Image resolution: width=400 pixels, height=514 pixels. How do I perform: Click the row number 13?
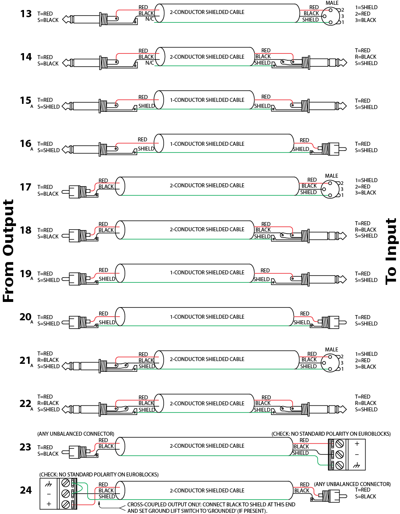26,14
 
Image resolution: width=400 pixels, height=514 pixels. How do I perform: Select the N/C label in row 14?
150,63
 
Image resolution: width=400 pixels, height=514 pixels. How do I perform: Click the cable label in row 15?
207,100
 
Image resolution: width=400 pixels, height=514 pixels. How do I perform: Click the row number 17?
26,187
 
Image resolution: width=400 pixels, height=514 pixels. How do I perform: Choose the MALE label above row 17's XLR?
332,176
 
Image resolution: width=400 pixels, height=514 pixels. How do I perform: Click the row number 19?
26,274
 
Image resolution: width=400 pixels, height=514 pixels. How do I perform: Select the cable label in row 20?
207,317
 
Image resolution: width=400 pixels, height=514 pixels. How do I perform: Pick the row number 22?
26,404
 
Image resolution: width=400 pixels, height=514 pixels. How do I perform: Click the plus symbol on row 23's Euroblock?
357,444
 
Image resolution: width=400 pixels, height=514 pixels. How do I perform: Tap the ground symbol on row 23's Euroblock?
357,465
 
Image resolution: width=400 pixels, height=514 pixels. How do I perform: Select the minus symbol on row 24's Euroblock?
49,494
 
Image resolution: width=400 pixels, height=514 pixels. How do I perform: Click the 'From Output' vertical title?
8,251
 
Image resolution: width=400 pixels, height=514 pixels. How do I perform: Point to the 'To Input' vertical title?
391,251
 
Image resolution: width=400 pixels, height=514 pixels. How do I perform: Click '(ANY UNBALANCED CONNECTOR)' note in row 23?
76,434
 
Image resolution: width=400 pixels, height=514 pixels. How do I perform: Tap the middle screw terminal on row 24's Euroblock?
66,494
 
